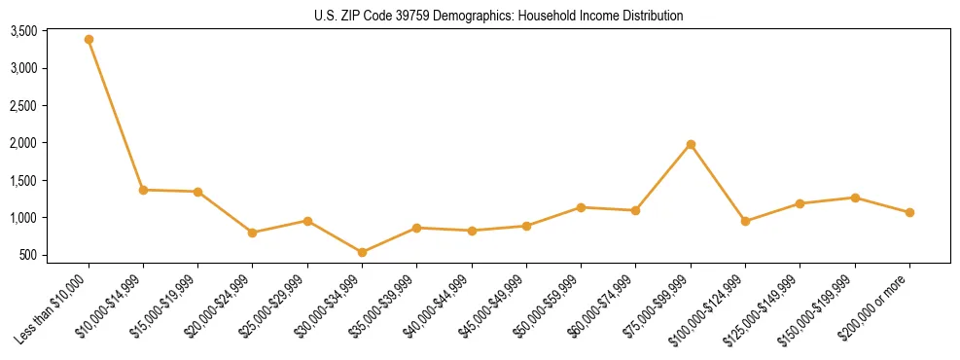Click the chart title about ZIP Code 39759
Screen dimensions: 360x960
(499, 16)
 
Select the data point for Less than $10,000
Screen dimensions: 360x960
(89, 40)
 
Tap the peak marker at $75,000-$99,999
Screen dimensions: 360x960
(691, 144)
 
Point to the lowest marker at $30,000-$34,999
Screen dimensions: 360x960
(362, 252)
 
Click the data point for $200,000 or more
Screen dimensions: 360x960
(909, 212)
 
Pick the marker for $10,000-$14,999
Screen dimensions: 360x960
(143, 190)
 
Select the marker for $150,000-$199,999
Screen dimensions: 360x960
(855, 198)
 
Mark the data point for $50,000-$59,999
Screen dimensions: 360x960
(581, 207)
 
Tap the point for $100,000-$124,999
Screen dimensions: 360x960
(745, 221)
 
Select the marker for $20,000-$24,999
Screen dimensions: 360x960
(253, 233)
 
